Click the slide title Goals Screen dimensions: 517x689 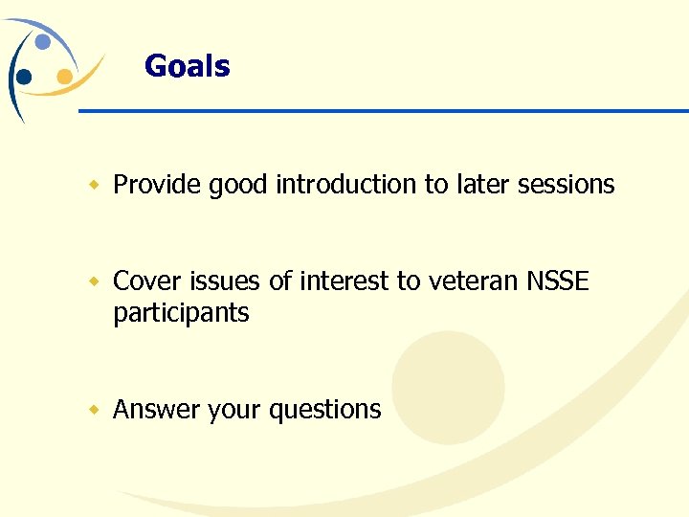pyautogui.click(x=187, y=66)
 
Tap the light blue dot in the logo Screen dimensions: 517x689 pyautogui.click(x=43, y=42)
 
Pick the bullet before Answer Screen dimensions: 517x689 pyautogui.click(x=94, y=410)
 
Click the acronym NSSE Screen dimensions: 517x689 pyautogui.click(x=558, y=281)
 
